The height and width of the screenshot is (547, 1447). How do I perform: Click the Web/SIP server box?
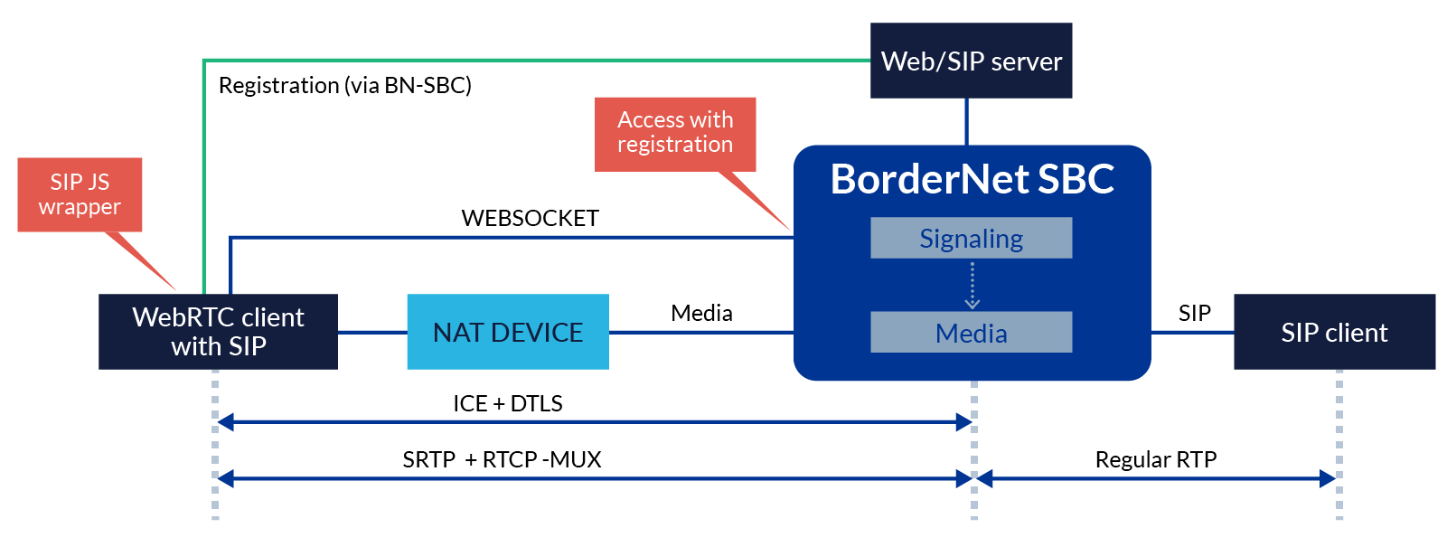(x=971, y=61)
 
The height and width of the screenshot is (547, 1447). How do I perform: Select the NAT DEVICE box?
(x=507, y=332)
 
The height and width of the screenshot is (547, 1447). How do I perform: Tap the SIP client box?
(x=1334, y=332)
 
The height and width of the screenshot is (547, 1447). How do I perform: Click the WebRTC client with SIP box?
(x=218, y=332)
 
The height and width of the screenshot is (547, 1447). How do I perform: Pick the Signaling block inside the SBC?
(x=971, y=238)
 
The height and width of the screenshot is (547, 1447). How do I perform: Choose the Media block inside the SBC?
(x=971, y=333)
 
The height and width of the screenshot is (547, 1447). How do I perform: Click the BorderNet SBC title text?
(x=972, y=179)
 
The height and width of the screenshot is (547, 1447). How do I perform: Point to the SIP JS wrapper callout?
(x=80, y=194)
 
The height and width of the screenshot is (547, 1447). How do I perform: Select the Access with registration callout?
(x=675, y=133)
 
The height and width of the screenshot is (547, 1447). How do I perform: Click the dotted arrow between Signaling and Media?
(x=972, y=285)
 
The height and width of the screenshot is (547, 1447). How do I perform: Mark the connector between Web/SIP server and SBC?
(x=967, y=121)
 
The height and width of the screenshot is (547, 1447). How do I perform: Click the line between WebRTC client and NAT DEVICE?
(x=371, y=332)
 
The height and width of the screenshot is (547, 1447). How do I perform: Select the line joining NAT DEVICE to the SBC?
(x=700, y=332)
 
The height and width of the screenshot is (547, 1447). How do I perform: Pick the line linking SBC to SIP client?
(x=1192, y=332)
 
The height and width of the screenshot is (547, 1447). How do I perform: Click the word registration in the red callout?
(x=675, y=145)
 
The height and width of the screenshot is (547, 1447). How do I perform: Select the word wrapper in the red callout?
(x=80, y=207)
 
